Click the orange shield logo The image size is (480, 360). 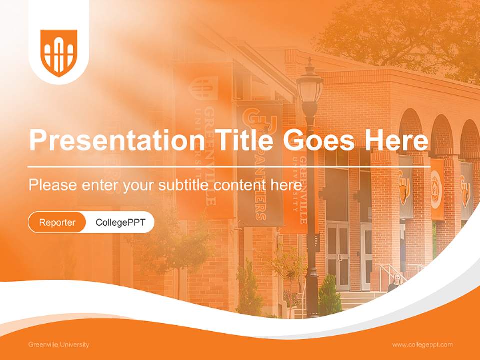(x=59, y=53)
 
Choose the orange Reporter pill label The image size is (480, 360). (x=57, y=222)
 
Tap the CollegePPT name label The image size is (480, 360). (x=120, y=222)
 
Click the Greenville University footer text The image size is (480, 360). (x=59, y=345)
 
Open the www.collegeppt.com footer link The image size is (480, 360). (x=422, y=345)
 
